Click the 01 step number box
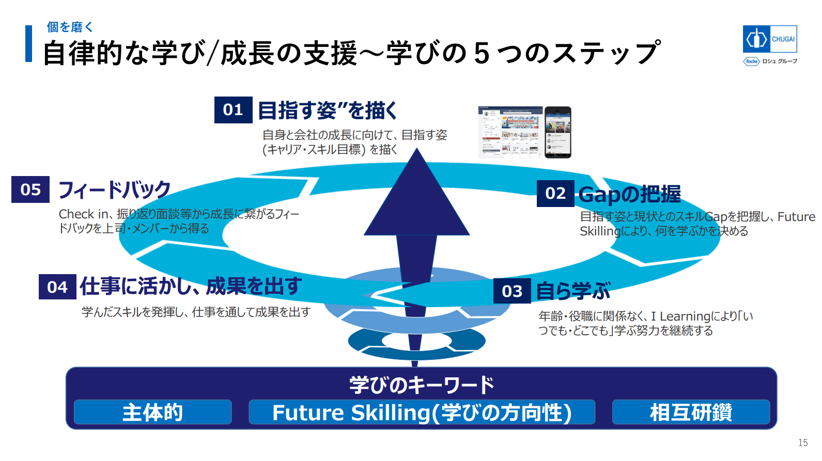[233, 110]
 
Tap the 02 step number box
[555, 194]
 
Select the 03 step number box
[512, 291]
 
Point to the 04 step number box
[57, 287]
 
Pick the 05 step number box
[30, 189]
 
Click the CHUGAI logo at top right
[770, 39]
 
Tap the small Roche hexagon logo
[751, 61]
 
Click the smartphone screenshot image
[558, 132]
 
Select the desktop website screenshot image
[510, 132]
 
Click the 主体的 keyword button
[152, 412]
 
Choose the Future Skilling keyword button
[422, 412]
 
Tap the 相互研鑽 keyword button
[691, 412]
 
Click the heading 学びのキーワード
[422, 385]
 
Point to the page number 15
[803, 442]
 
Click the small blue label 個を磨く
[70, 27]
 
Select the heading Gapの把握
[629, 195]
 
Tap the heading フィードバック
[114, 190]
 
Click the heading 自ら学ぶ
[573, 291]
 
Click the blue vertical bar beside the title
[29, 44]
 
